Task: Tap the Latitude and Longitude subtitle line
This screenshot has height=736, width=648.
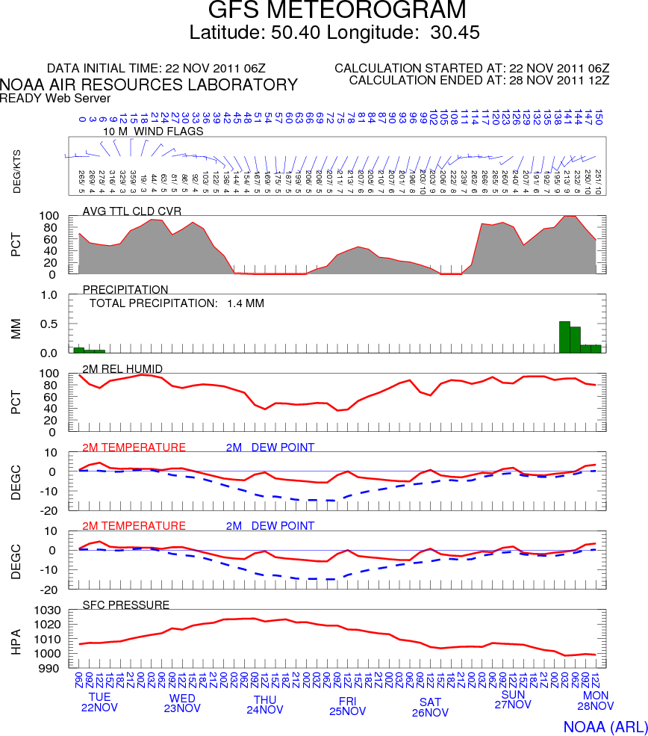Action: [334, 33]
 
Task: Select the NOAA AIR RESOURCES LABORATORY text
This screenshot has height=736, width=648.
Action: [149, 84]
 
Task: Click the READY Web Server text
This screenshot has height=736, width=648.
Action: [55, 98]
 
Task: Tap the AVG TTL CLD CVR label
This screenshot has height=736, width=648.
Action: [132, 210]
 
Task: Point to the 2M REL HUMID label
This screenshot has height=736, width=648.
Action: [122, 368]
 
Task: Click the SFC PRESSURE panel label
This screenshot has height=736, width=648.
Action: [125, 604]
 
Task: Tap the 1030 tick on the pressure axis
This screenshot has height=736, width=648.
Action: [49, 610]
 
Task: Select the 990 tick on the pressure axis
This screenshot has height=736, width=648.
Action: [52, 668]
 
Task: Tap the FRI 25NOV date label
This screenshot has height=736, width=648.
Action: [347, 705]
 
